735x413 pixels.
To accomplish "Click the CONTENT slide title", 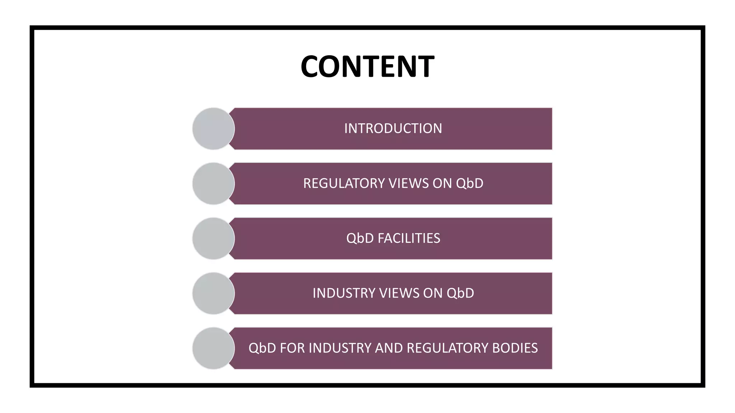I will [x=367, y=66].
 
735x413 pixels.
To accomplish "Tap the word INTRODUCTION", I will [x=393, y=128].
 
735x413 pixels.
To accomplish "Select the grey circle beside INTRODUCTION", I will [x=213, y=128].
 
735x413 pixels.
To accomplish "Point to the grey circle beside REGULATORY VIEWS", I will [x=213, y=184].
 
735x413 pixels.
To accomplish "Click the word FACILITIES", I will [x=409, y=238].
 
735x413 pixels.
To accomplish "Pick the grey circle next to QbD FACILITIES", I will [x=213, y=238].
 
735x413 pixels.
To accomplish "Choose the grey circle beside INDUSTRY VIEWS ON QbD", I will [x=213, y=293].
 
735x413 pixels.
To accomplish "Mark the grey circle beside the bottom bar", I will [x=213, y=348].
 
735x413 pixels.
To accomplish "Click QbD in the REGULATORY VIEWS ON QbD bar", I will [x=469, y=183].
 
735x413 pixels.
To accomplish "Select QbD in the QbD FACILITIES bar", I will [x=360, y=238].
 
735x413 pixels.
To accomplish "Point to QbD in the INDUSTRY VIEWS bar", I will [x=460, y=293].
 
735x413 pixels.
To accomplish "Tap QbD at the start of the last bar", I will [x=262, y=348].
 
